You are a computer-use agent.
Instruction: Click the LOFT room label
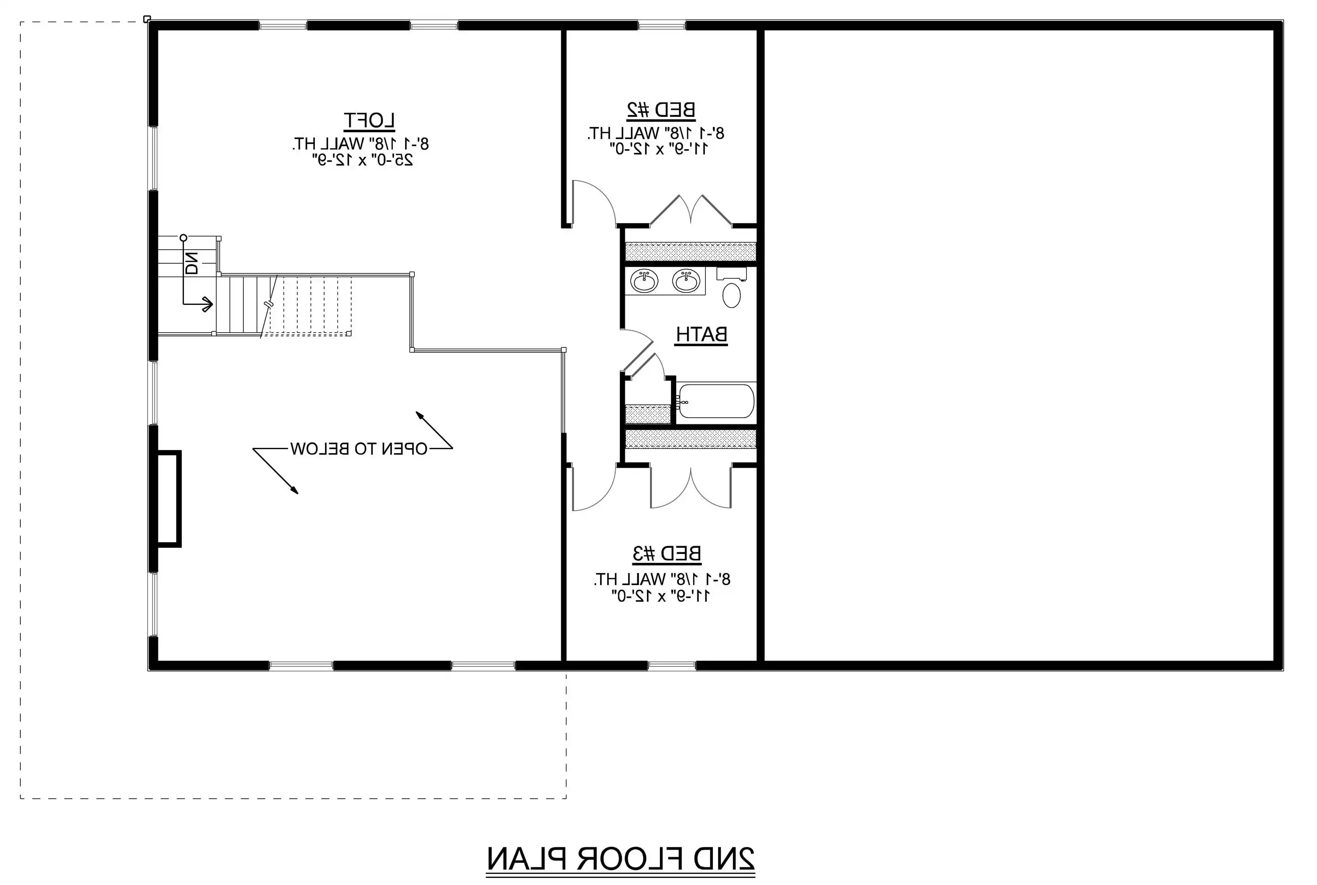pyautogui.click(x=369, y=121)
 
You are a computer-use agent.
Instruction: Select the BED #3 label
pyautogui.click(x=666, y=554)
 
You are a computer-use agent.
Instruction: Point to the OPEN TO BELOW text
pyautogui.click(x=359, y=449)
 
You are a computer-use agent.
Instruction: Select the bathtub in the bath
pyautogui.click(x=716, y=401)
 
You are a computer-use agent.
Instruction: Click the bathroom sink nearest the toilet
pyautogui.click(x=686, y=281)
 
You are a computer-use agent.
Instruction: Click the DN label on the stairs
pyautogui.click(x=192, y=263)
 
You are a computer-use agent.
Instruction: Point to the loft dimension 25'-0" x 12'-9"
pyautogui.click(x=363, y=160)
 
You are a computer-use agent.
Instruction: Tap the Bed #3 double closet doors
pyautogui.click(x=691, y=486)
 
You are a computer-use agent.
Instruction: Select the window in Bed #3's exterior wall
pyautogui.click(x=671, y=666)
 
